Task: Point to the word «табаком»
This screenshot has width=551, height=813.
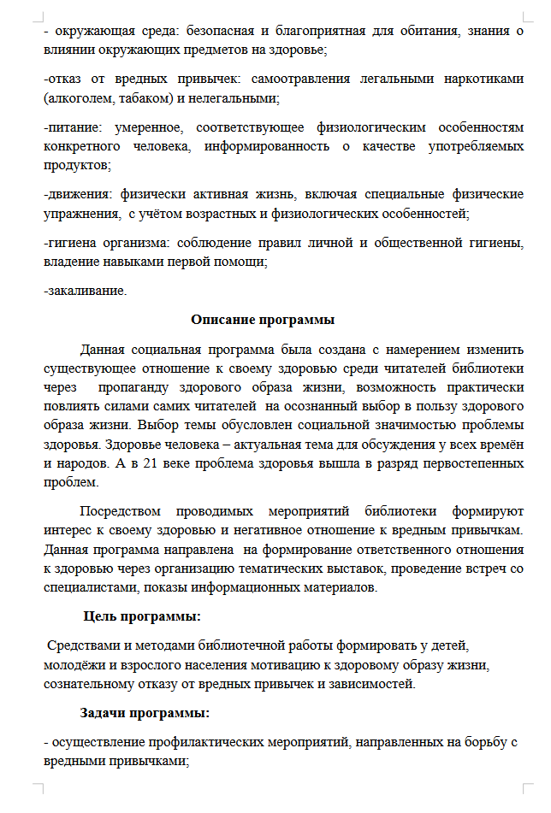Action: click(x=136, y=97)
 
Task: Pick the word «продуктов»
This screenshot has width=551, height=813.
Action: click(x=77, y=164)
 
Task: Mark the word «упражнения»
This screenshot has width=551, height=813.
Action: click(x=80, y=212)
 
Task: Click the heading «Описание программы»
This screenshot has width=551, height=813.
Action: click(x=263, y=321)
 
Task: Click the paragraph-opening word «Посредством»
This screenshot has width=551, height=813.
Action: click(x=121, y=512)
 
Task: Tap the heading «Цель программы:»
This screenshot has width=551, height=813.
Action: click(x=142, y=616)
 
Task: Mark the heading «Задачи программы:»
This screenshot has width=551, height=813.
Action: click(x=145, y=712)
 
